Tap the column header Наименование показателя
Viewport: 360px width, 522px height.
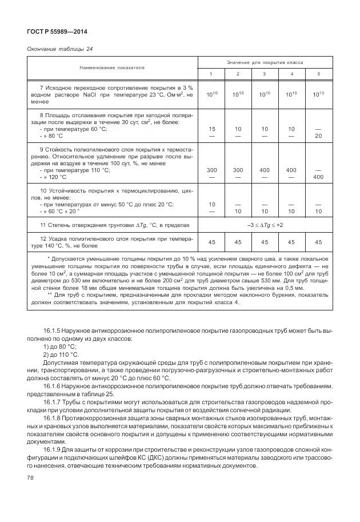point(112,67)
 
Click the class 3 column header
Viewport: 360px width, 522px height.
point(264,74)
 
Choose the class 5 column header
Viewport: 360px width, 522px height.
point(318,74)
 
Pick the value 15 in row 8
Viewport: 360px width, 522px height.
point(211,129)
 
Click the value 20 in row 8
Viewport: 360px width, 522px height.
point(318,136)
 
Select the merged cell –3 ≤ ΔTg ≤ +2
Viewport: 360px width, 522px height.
point(263,225)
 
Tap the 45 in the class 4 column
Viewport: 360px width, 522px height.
point(291,242)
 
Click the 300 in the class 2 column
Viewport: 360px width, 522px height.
point(238,170)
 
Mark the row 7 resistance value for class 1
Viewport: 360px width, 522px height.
point(211,94)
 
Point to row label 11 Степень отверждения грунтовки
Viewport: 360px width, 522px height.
point(109,225)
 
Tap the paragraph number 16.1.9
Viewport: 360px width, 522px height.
point(53,452)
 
